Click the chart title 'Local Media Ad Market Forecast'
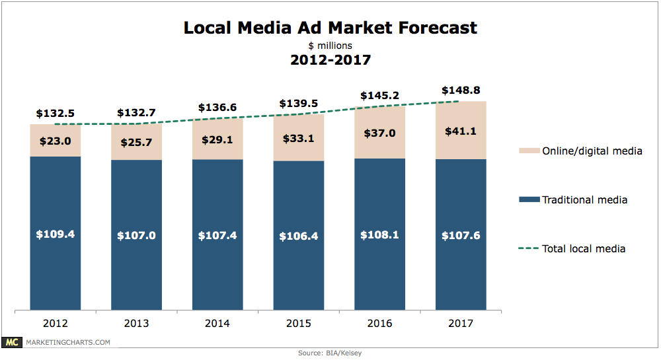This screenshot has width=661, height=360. point(330,28)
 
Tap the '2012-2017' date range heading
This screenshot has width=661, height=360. point(330,60)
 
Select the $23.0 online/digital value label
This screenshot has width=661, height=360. point(55,140)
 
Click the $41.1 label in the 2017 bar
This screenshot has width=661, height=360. point(461,131)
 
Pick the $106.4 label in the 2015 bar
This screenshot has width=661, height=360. point(299,235)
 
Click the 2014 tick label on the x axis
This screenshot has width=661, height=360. point(217,324)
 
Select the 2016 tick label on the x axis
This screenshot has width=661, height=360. point(379,324)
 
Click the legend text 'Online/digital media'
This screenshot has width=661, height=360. point(592,151)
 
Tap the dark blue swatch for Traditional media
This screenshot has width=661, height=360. point(529,199)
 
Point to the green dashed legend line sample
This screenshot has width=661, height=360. point(529,249)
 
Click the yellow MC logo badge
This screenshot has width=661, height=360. point(11,342)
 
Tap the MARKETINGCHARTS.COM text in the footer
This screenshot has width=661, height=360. point(67,342)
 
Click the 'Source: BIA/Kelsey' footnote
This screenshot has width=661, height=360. point(330,354)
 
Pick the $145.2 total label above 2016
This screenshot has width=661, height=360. point(379,96)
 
